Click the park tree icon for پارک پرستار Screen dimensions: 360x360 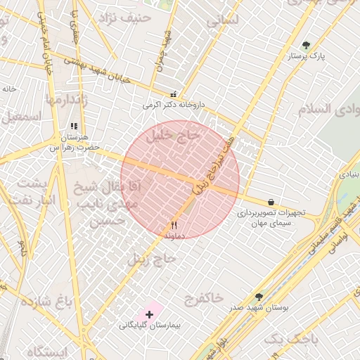(305, 46)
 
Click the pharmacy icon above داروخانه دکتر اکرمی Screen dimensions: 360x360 (173, 94)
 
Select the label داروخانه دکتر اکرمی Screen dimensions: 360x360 (173, 105)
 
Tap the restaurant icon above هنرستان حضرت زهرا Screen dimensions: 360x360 (73, 127)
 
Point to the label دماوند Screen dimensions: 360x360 (174, 237)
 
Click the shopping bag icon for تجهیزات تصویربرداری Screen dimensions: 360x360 (271, 202)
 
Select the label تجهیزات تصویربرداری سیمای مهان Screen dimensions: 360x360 (270, 217)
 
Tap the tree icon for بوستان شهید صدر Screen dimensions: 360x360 (259, 297)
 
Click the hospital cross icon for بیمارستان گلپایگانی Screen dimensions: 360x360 (149, 314)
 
